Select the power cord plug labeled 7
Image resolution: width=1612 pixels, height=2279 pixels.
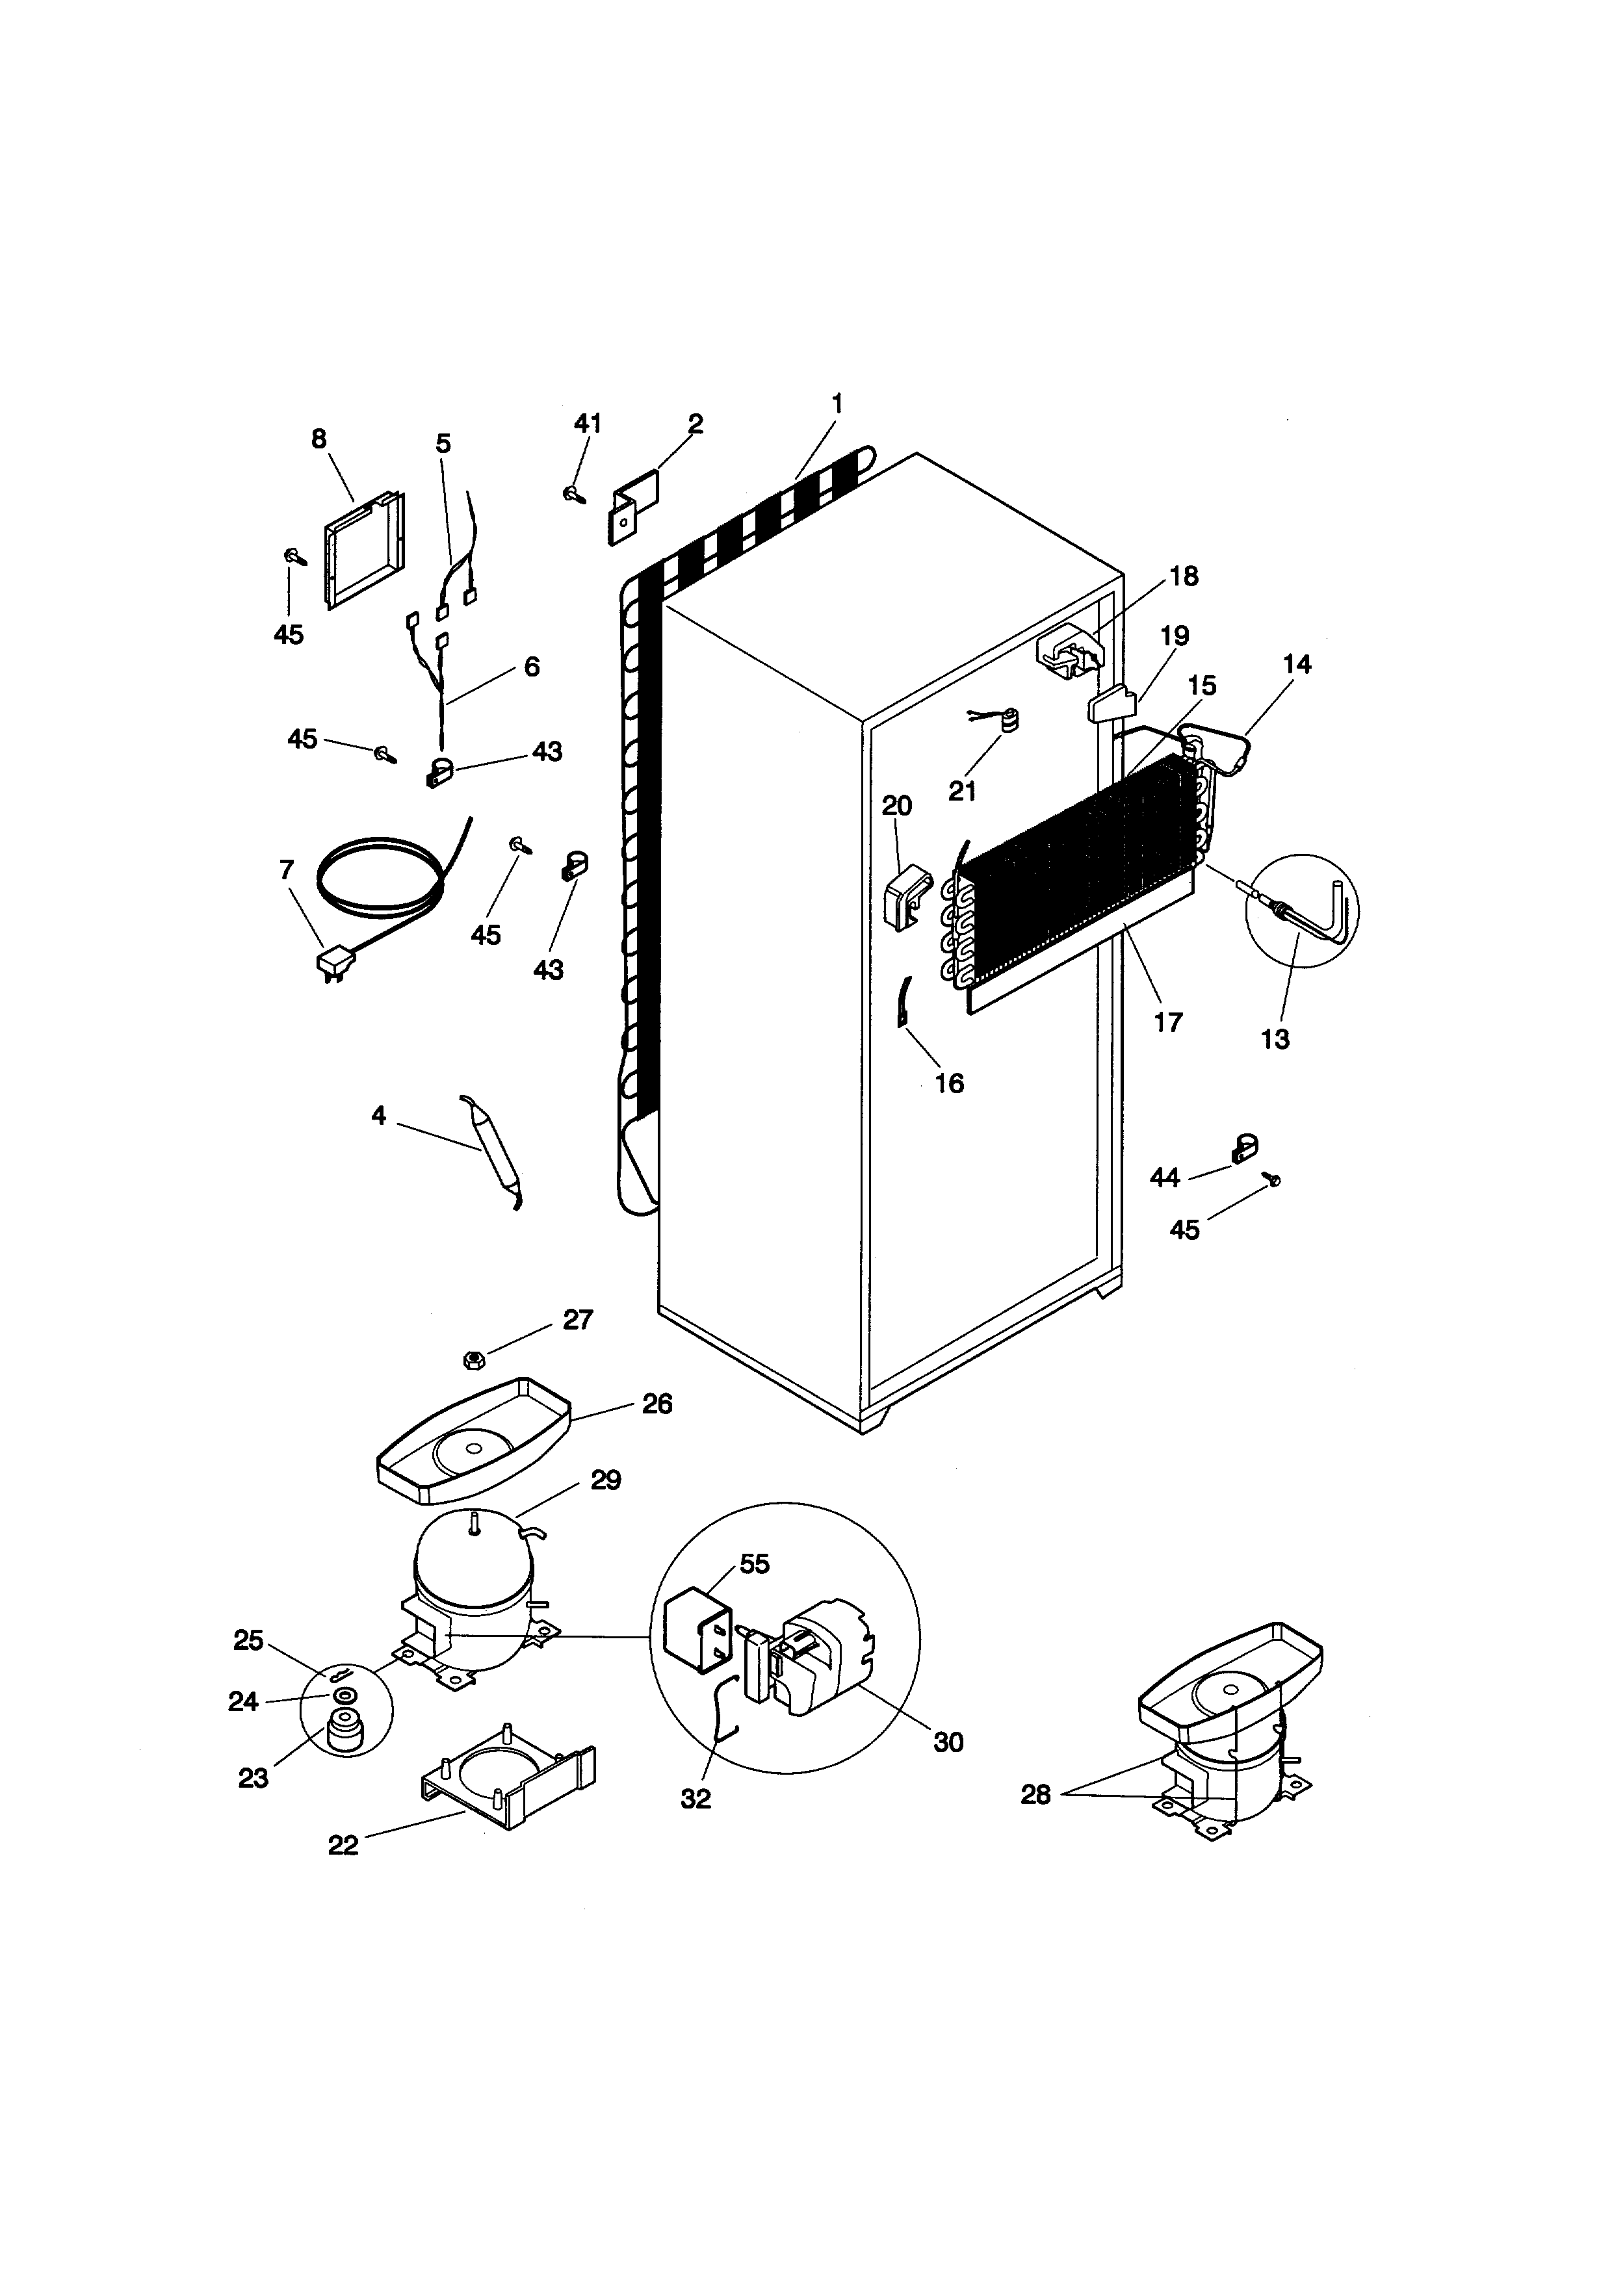335,964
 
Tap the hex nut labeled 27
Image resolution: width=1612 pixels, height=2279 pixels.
473,1359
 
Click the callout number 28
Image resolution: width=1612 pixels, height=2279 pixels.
1035,1794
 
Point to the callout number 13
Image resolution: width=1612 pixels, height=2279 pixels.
1275,1039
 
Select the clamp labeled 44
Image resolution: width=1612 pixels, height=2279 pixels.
1243,1148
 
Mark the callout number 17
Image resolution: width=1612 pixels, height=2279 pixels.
1168,1022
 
